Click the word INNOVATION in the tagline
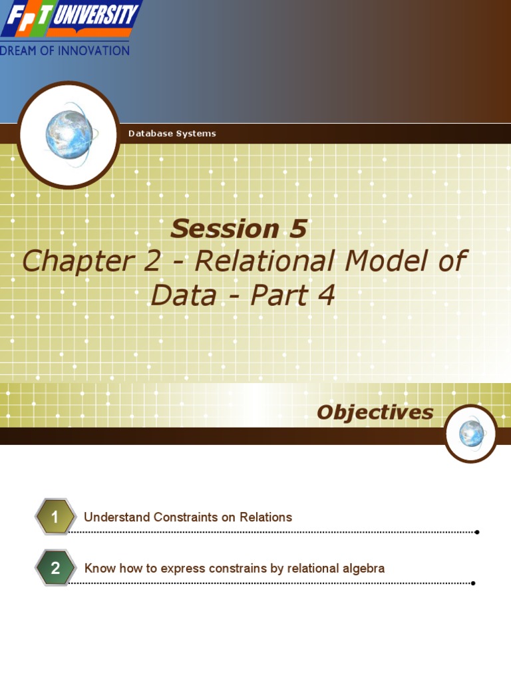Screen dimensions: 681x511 point(93,51)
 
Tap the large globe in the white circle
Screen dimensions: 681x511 point(69,135)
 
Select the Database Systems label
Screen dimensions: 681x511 point(172,134)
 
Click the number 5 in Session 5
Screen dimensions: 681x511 point(297,229)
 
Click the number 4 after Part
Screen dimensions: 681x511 point(325,295)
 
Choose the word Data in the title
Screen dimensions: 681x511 point(184,295)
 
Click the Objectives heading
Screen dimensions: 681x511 point(375,412)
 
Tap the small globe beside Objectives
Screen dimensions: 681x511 point(471,434)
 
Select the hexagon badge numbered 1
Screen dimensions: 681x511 point(55,517)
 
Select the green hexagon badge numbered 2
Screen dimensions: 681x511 point(55,568)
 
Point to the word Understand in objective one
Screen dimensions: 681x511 point(116,517)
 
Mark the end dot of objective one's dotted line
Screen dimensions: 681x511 point(477,532)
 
